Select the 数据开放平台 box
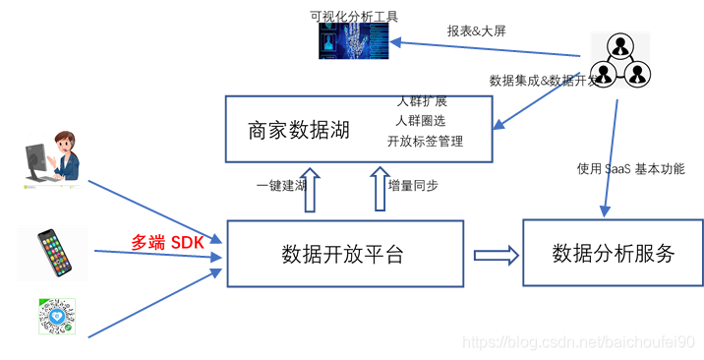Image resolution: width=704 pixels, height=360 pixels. coord(344,254)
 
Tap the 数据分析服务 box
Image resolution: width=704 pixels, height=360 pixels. coord(614,254)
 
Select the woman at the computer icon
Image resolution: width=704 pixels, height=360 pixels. coord(53,157)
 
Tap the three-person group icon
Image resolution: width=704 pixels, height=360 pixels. coord(620,58)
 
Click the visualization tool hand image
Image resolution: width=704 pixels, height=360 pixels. coord(353,41)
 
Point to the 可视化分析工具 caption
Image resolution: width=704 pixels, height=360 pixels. coord(354,16)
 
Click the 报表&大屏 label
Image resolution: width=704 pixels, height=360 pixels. coord(477,30)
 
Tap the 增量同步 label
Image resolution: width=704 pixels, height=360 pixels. coord(413,185)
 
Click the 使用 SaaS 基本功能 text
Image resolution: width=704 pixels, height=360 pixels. coord(630,168)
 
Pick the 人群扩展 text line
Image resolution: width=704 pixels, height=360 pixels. coord(422,101)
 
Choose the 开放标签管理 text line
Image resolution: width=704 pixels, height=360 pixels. coord(426,141)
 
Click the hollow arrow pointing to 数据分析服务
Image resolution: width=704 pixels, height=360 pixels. coord(496,255)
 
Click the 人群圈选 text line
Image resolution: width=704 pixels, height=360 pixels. coord(422,121)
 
